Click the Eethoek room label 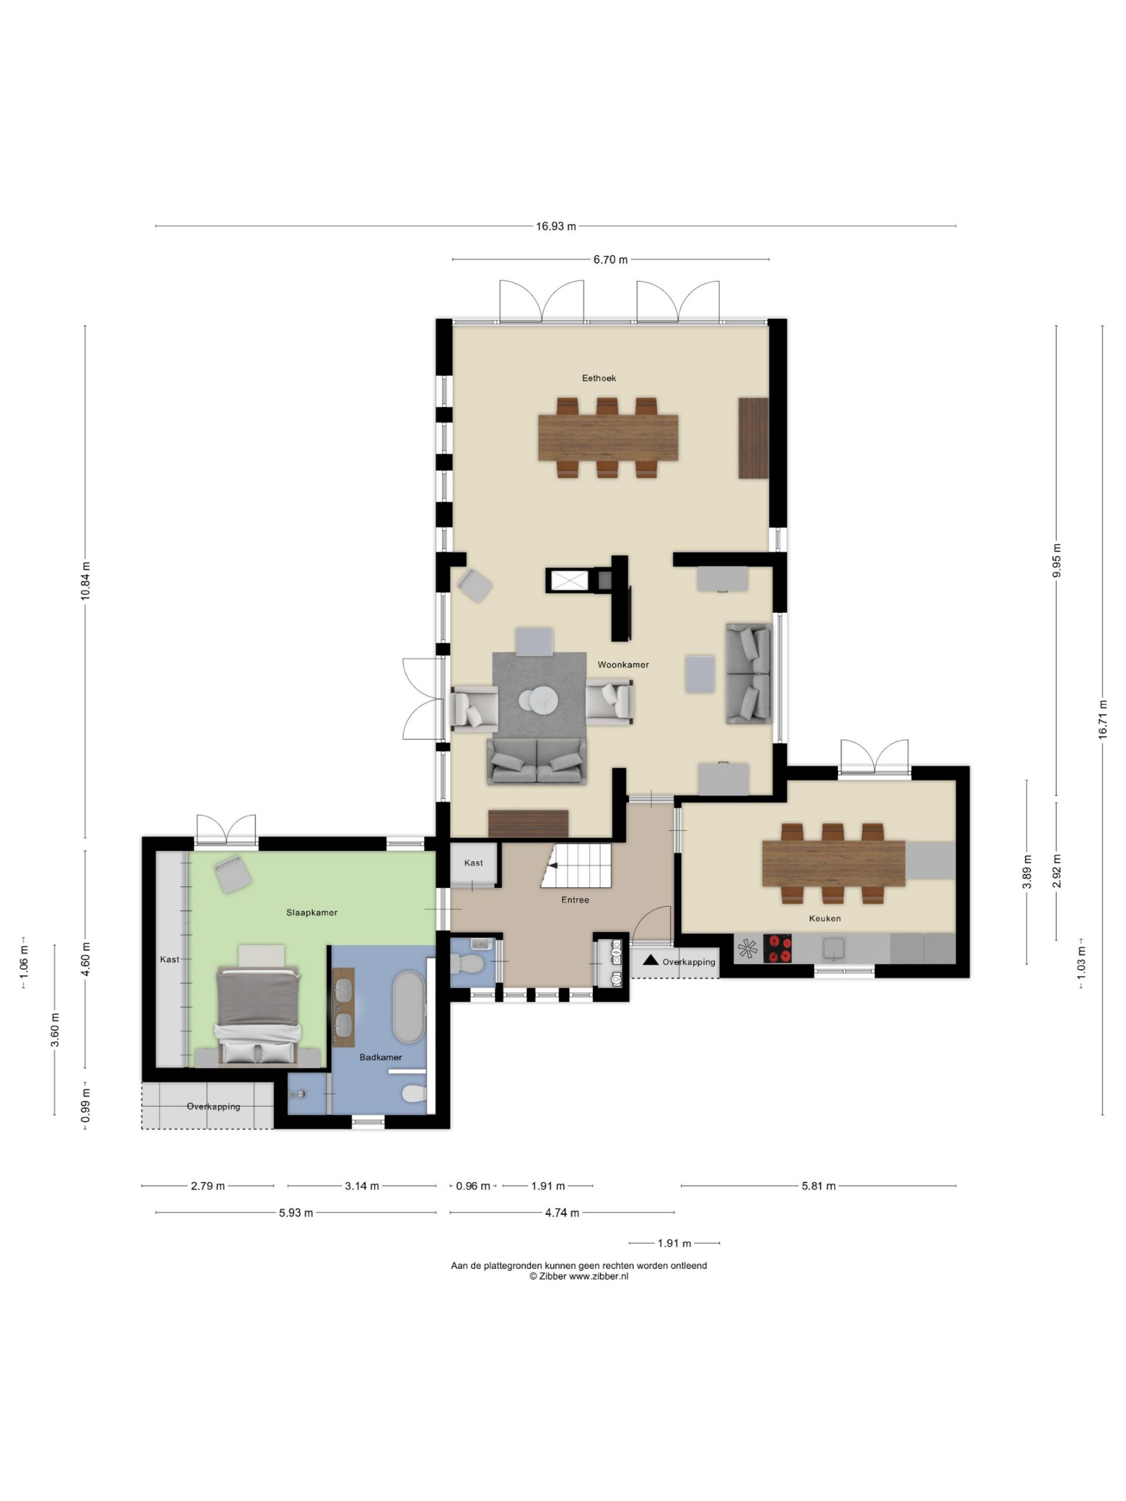[x=599, y=378]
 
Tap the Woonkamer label [x=623, y=665]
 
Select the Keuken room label [x=825, y=919]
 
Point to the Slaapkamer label [x=311, y=913]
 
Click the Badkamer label [x=381, y=1057]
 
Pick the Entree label [x=575, y=901]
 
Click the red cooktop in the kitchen [x=777, y=949]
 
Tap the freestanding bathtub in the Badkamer [x=408, y=1006]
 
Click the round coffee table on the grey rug [x=539, y=700]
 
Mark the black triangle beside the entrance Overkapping [x=650, y=960]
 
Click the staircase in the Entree [x=576, y=865]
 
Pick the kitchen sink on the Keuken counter [x=834, y=948]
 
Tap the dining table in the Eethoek [x=608, y=437]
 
